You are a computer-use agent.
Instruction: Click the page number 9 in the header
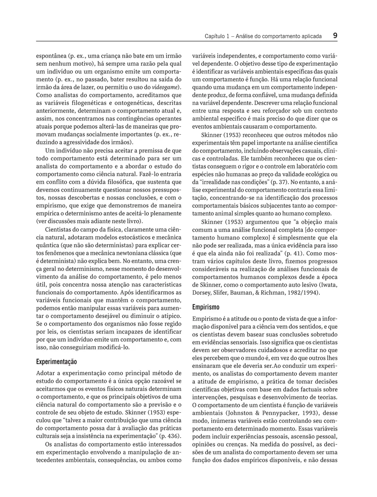[335, 36]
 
